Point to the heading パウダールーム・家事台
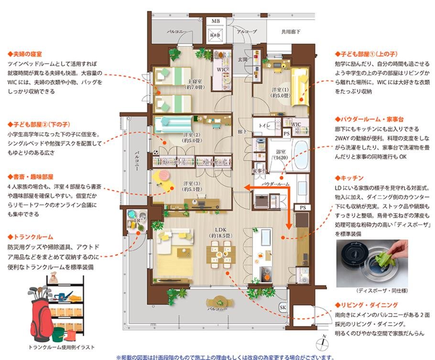(x=373, y=119)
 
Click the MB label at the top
(x=216, y=22)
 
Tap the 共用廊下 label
(x=291, y=32)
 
